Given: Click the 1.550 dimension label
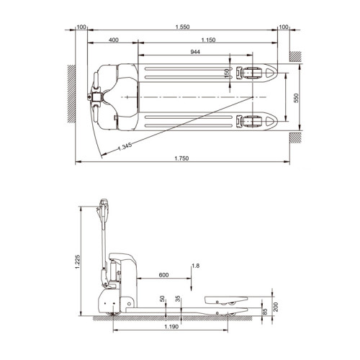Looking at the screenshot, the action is (x=182, y=27).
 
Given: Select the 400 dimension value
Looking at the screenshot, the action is (x=114, y=40).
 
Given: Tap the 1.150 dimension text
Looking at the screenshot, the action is (x=208, y=40).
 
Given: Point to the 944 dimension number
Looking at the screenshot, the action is (x=195, y=52).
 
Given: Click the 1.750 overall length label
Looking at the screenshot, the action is (x=181, y=158).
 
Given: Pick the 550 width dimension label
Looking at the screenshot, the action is (x=296, y=98).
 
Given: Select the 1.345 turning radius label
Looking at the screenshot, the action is (x=125, y=146).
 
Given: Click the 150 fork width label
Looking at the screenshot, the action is (x=227, y=73).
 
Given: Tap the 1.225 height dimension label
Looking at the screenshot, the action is (x=77, y=261).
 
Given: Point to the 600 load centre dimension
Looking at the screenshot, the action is (x=163, y=275).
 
